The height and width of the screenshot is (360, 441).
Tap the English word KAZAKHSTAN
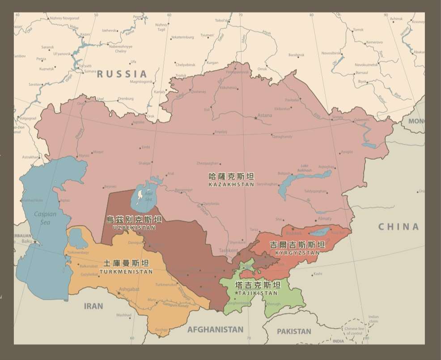(231, 184)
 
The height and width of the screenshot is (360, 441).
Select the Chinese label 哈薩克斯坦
(231, 177)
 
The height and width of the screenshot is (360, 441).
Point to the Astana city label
(264, 115)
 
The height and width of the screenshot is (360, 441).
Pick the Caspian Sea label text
(45, 218)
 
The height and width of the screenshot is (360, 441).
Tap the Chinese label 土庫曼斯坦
(126, 263)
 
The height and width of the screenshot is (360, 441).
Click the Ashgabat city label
(129, 289)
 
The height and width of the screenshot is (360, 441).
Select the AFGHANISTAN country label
(215, 330)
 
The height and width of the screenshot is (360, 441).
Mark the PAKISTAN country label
(294, 331)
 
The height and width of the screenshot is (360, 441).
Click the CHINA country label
(399, 227)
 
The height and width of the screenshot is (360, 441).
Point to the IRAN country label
(93, 306)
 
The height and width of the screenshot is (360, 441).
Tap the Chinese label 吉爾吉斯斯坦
(297, 245)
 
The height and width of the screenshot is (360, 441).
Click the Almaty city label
(324, 219)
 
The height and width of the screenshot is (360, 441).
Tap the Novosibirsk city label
(331, 53)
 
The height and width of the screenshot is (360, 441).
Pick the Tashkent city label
(228, 250)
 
